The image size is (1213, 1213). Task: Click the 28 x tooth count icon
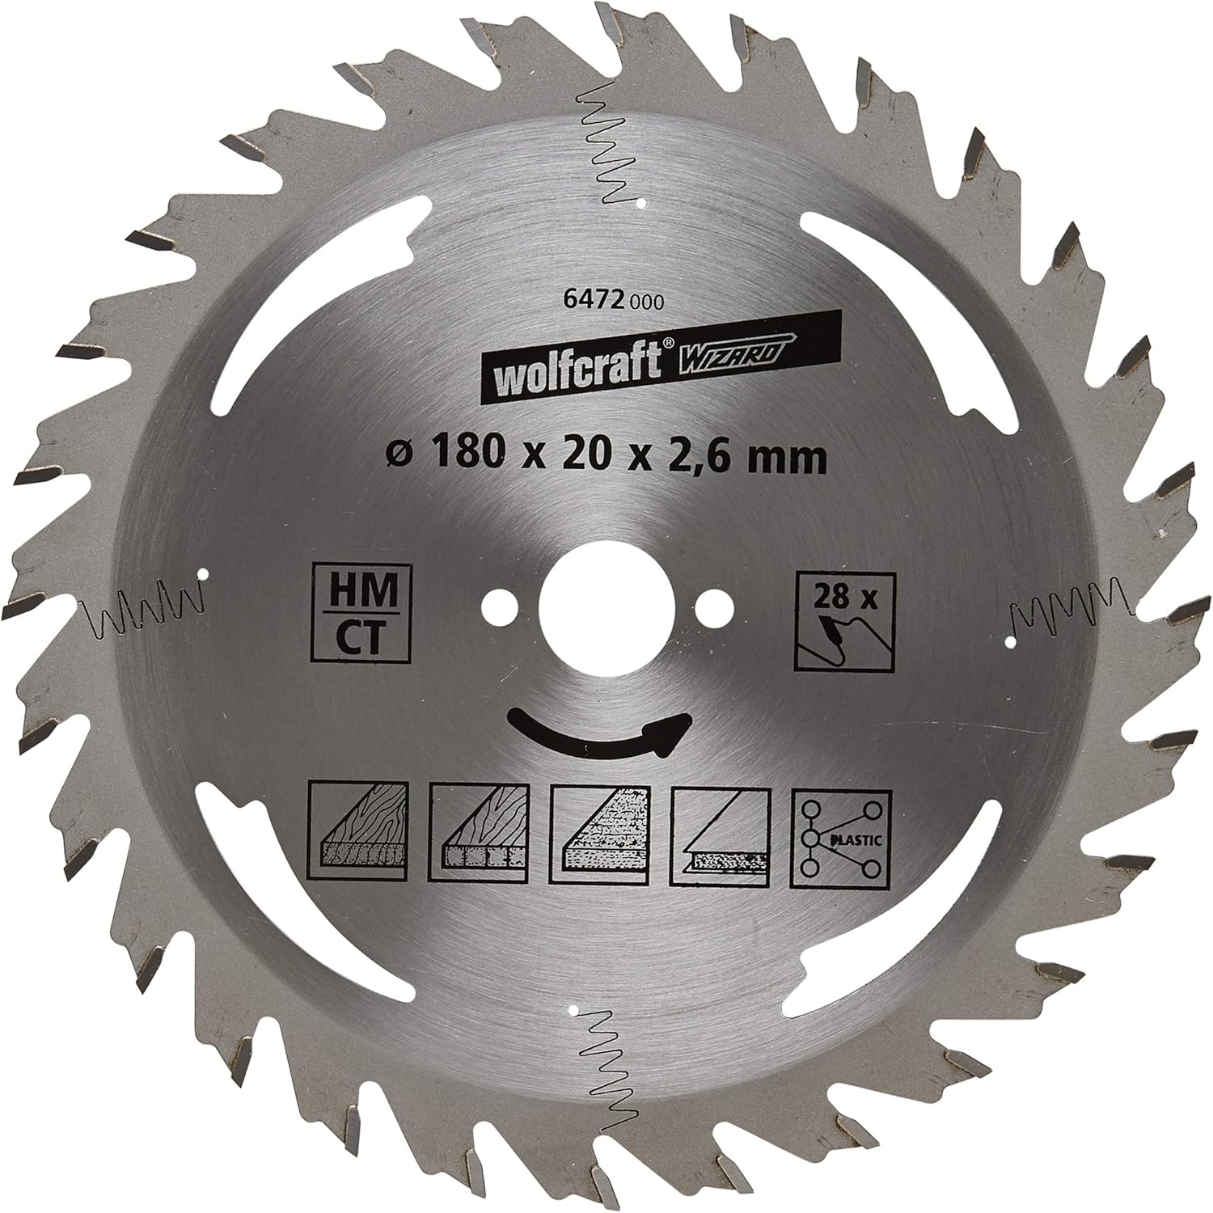(x=844, y=620)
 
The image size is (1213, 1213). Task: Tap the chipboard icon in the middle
(x=598, y=836)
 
